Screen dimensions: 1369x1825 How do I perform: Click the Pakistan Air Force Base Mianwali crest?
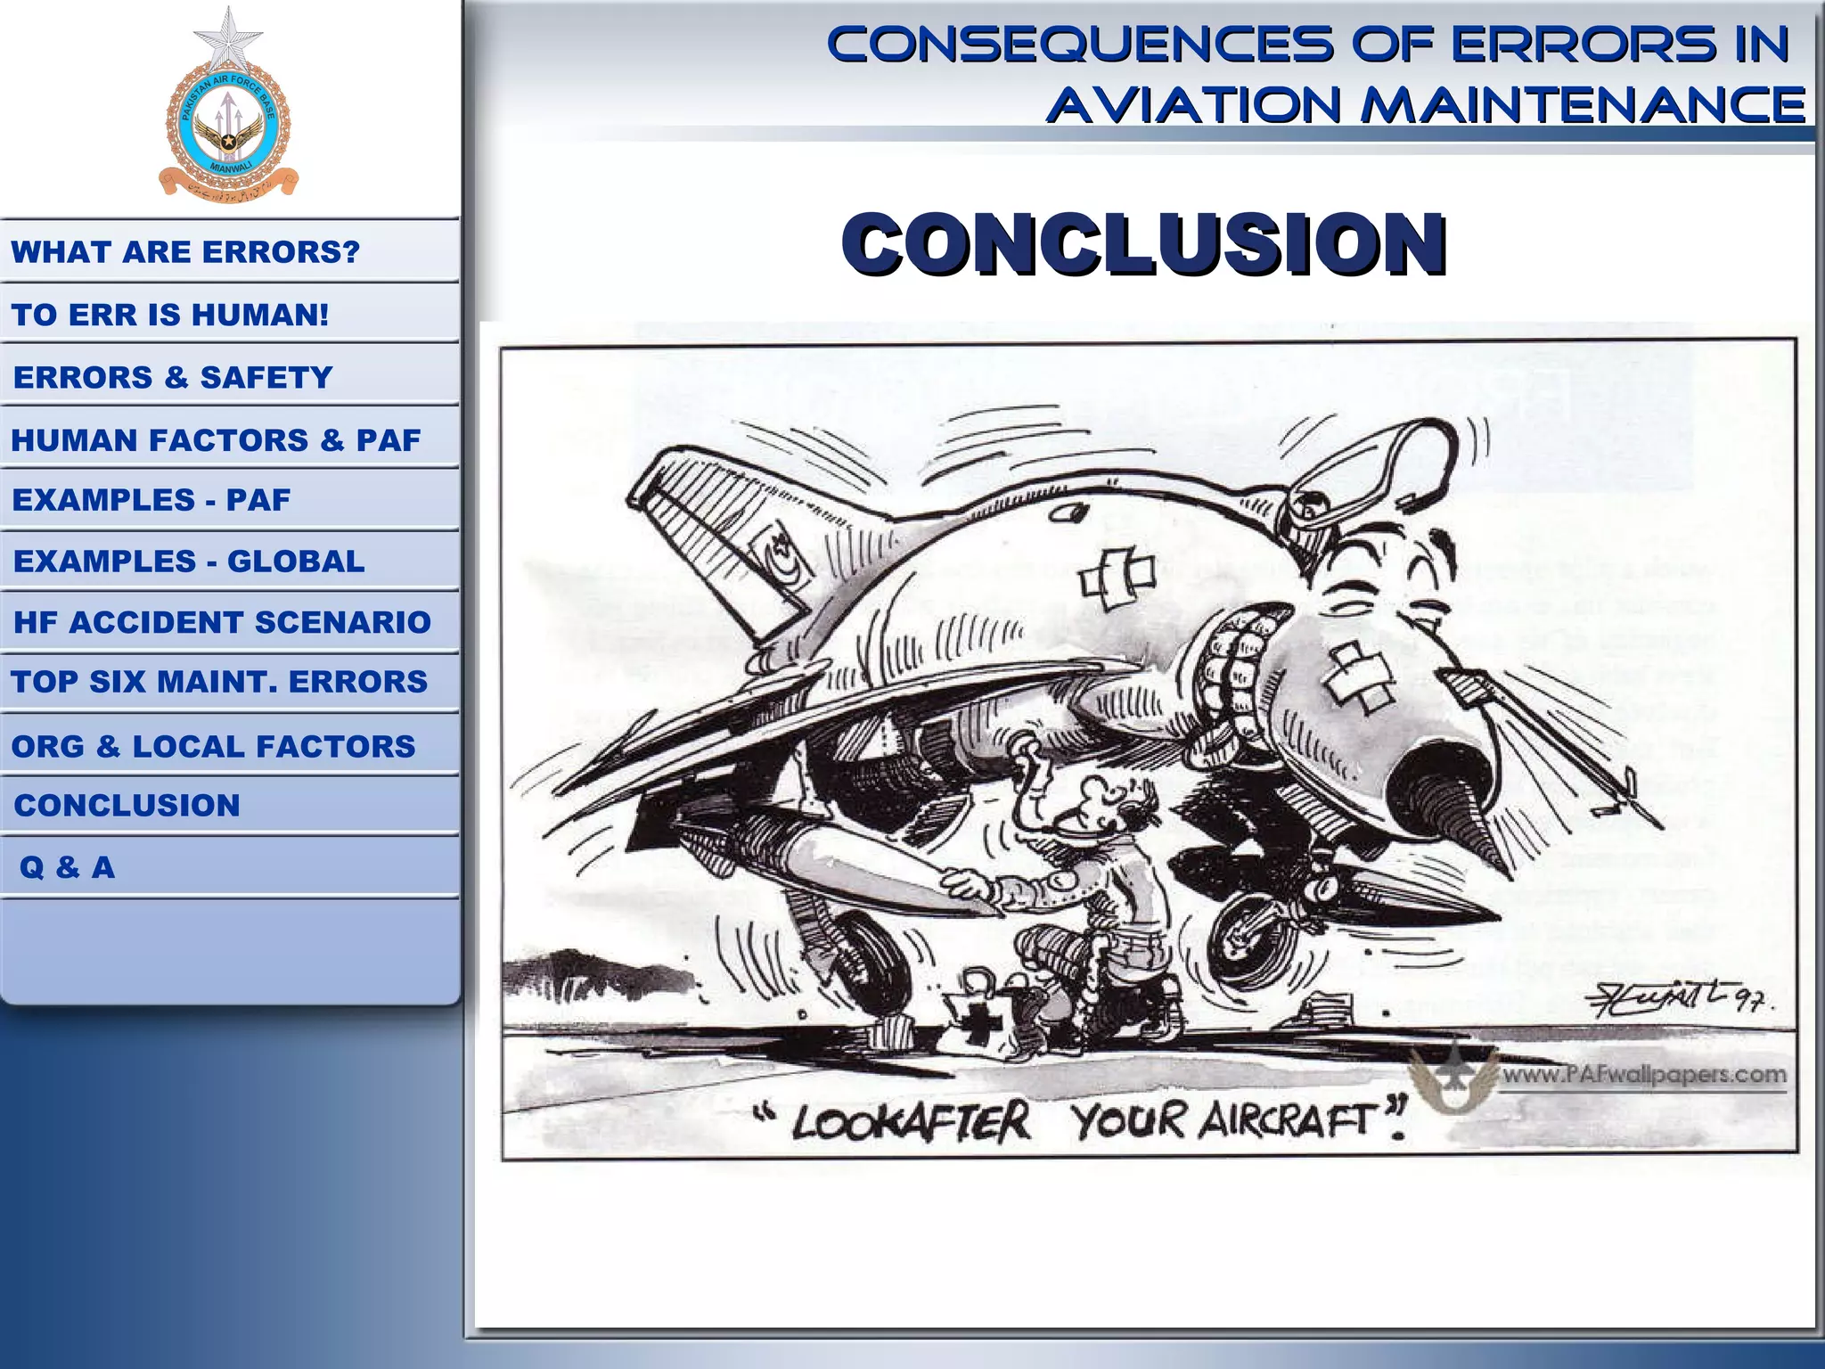click(228, 125)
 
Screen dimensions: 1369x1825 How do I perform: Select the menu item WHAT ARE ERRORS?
click(185, 252)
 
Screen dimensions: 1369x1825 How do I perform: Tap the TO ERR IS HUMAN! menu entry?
click(170, 315)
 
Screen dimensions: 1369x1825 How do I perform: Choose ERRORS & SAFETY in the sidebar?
click(173, 378)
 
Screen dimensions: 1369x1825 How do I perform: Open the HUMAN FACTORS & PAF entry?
click(216, 440)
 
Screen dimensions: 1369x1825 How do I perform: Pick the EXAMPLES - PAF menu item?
click(151, 500)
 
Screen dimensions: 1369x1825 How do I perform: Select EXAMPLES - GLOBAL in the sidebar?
click(189, 562)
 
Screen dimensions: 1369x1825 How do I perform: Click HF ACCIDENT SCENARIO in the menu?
click(222, 622)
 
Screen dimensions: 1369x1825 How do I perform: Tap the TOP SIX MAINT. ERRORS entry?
click(219, 682)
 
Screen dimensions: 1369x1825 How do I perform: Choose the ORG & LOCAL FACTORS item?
click(214, 746)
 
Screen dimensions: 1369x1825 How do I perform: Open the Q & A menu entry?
click(68, 867)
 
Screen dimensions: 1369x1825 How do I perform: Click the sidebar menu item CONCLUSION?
click(127, 806)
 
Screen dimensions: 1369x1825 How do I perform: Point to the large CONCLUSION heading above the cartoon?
click(1143, 244)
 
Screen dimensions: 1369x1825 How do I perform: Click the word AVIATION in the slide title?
click(1193, 105)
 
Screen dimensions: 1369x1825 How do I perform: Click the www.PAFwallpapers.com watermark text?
click(1644, 1075)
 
